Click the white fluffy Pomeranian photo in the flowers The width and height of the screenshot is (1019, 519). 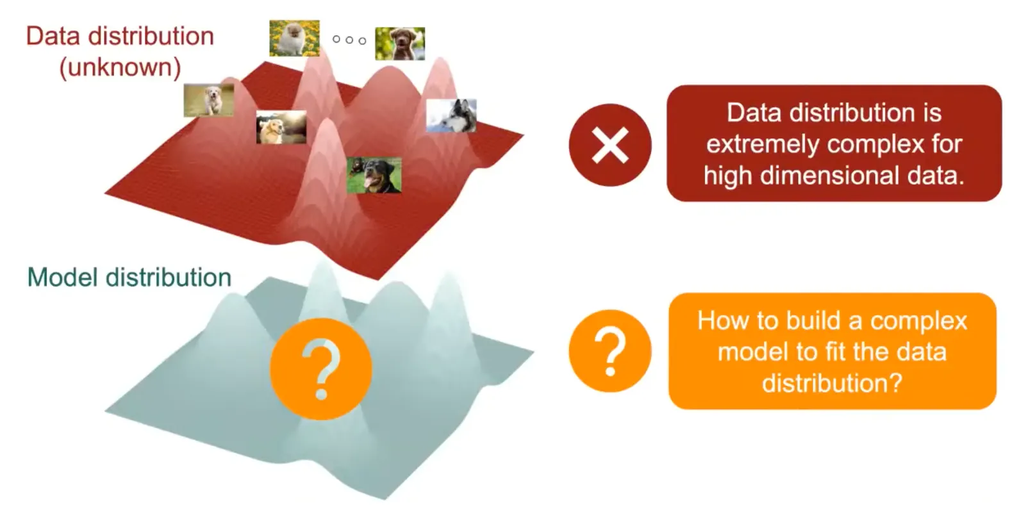click(294, 38)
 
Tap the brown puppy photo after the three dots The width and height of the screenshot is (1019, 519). click(400, 44)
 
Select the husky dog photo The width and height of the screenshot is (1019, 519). click(451, 115)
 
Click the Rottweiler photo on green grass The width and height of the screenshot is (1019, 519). click(374, 175)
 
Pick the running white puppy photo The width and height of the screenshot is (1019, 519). click(209, 100)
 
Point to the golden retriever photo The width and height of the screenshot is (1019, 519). click(281, 127)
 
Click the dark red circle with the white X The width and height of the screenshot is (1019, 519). click(610, 145)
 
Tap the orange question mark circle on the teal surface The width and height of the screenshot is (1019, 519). click(321, 369)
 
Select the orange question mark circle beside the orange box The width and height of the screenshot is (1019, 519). click(610, 350)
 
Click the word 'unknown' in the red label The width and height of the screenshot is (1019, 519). click(120, 67)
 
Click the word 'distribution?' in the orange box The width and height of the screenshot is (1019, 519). click(832, 383)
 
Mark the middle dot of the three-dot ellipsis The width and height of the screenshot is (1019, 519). click(349, 40)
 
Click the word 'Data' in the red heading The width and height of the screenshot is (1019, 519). click(54, 36)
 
